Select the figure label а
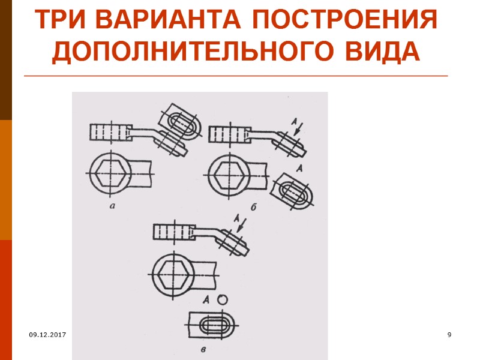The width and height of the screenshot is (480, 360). [x=113, y=207]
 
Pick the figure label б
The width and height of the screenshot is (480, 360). [x=254, y=207]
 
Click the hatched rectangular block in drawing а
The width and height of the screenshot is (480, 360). [x=110, y=131]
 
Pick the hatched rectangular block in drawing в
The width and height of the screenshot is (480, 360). [x=172, y=231]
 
